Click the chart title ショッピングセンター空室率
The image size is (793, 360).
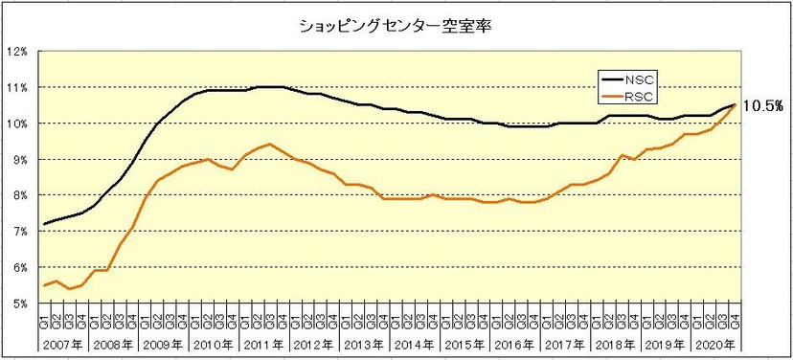pos(396,26)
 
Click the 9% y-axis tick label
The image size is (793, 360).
pos(19,160)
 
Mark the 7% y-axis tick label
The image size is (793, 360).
pos(19,232)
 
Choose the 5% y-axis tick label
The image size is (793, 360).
pos(19,304)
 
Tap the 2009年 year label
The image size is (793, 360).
pos(164,344)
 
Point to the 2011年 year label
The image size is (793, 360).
pos(263,344)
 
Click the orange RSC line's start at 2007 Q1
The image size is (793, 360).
pos(44,285)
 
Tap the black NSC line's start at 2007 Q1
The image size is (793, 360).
pos(44,224)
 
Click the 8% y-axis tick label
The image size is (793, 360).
pos(19,195)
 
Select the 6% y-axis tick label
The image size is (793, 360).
pos(19,267)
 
